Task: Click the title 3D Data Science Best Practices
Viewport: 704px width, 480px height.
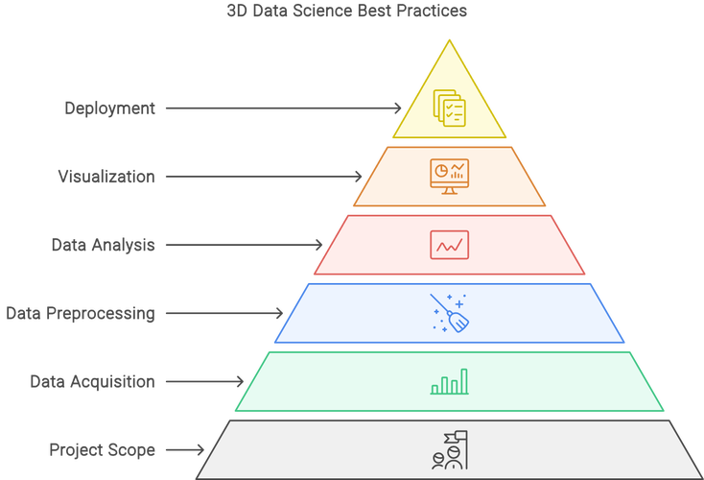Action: click(x=346, y=11)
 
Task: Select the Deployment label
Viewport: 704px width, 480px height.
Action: click(x=110, y=108)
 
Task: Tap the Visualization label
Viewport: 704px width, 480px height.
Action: click(x=106, y=177)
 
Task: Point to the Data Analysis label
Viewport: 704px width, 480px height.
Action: click(x=104, y=245)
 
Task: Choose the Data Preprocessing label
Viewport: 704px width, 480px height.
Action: click(x=81, y=313)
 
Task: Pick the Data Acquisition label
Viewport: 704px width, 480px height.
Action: click(x=92, y=381)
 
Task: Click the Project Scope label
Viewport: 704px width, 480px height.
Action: click(x=103, y=450)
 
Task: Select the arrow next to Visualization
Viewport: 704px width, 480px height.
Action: click(x=264, y=177)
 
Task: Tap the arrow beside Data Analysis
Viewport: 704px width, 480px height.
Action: click(x=245, y=245)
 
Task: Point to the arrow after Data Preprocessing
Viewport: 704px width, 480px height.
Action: click(x=224, y=313)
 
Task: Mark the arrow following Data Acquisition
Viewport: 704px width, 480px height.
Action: click(x=204, y=381)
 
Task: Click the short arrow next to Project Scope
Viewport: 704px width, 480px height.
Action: click(x=185, y=450)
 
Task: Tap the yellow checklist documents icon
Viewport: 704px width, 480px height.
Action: click(x=450, y=108)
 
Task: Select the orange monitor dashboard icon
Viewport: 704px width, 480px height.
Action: click(x=450, y=177)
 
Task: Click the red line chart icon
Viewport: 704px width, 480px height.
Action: click(x=450, y=245)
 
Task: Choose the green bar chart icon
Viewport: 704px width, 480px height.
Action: click(x=450, y=381)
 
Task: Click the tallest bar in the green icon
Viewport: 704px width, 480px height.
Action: click(x=464, y=381)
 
